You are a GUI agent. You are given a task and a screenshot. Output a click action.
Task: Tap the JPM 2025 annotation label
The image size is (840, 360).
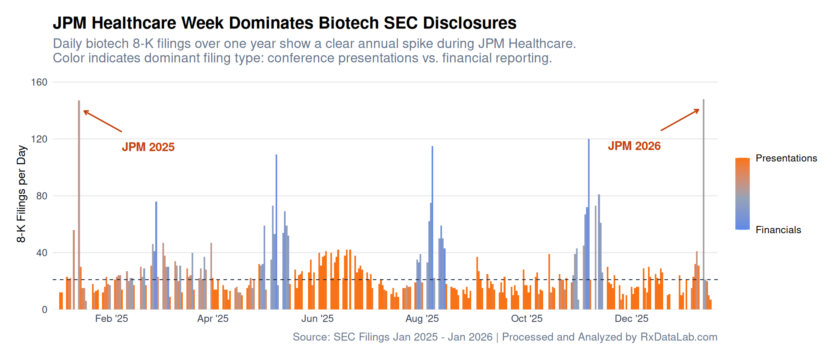148,147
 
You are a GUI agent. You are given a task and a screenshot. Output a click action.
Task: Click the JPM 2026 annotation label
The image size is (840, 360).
634,146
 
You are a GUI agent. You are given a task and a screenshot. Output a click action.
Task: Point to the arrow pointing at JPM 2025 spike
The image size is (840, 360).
102,121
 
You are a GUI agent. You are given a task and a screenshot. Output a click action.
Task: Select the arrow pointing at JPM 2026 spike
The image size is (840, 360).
680,120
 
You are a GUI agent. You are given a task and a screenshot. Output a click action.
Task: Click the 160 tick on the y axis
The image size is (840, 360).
39,82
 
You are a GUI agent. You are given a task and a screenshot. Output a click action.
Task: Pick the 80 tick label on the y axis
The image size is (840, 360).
42,196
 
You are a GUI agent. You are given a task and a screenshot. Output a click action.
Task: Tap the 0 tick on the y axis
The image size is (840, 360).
44,310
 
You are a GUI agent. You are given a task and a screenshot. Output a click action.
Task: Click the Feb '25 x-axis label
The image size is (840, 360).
112,319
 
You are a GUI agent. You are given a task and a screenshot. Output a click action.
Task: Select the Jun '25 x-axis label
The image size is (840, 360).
317,319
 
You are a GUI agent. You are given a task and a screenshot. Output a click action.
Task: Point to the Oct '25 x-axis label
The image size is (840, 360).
526,319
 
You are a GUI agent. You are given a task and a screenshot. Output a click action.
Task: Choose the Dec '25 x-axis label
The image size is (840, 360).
631,319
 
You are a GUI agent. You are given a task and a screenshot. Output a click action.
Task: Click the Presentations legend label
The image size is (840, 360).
786,158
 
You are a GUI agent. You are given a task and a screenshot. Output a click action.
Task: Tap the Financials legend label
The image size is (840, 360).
778,230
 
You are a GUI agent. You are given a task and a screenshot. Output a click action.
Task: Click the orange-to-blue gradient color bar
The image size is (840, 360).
742,194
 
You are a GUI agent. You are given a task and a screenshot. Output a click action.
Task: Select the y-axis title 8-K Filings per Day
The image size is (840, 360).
21,194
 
